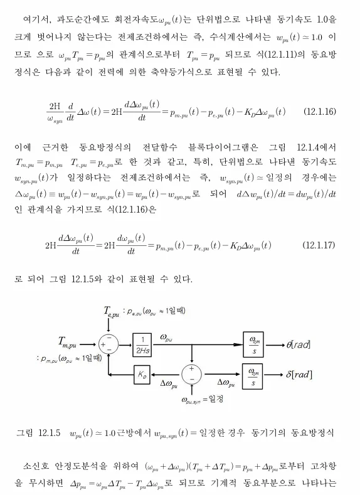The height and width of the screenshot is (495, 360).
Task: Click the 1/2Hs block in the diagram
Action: pos(142,344)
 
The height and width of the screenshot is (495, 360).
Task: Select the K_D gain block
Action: pos(142,375)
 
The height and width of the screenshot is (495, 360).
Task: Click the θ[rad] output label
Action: pos(299,344)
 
